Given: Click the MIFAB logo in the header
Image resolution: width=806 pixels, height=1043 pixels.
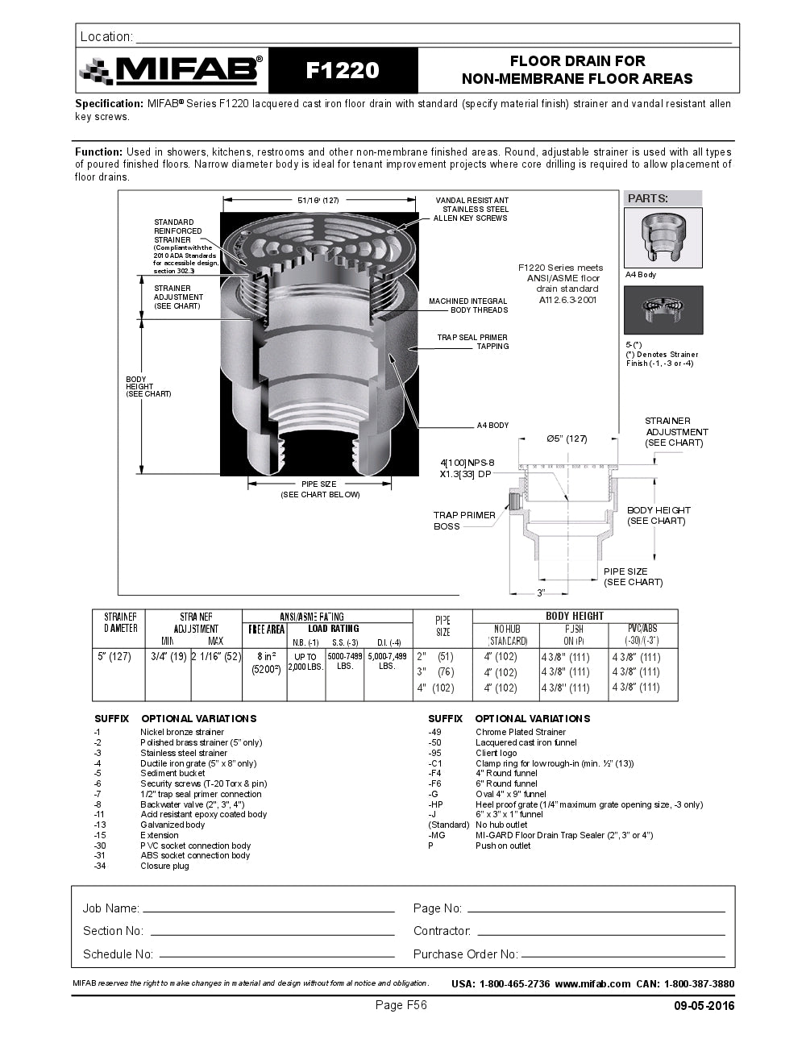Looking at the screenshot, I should [x=172, y=71].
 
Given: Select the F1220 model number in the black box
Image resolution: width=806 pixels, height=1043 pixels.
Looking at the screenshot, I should [x=343, y=71].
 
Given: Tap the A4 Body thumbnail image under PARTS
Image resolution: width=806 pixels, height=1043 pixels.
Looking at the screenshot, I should [x=663, y=238].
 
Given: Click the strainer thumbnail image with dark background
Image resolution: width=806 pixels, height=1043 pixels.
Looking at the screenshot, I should [x=663, y=310].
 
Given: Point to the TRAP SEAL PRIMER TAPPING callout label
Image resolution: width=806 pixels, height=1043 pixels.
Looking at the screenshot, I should [x=472, y=342].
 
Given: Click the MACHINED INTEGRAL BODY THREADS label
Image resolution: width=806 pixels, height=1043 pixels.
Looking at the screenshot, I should [x=468, y=305].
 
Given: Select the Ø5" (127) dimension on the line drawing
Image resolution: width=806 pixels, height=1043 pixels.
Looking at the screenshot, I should [x=567, y=438].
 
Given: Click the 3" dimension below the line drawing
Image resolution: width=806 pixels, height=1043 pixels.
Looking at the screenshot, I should [x=542, y=592].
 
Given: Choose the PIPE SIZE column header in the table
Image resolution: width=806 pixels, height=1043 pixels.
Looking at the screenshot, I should [x=442, y=626].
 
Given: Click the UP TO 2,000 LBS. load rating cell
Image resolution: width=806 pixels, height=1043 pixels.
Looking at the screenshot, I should [x=305, y=662].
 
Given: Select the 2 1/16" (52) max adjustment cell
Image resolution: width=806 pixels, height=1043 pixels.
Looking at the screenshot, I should [x=216, y=656].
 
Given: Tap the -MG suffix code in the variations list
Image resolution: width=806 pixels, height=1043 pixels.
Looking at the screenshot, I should [x=436, y=835].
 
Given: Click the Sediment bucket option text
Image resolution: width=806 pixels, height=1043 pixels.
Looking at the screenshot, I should [x=172, y=773].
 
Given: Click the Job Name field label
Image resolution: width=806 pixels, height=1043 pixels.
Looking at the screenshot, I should [x=110, y=908].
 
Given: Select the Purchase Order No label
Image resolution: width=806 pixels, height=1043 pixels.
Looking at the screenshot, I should [x=465, y=954].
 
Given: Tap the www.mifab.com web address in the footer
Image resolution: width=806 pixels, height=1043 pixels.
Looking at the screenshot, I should [x=592, y=983].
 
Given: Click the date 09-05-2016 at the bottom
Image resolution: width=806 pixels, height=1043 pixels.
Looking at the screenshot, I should [x=704, y=1005].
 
